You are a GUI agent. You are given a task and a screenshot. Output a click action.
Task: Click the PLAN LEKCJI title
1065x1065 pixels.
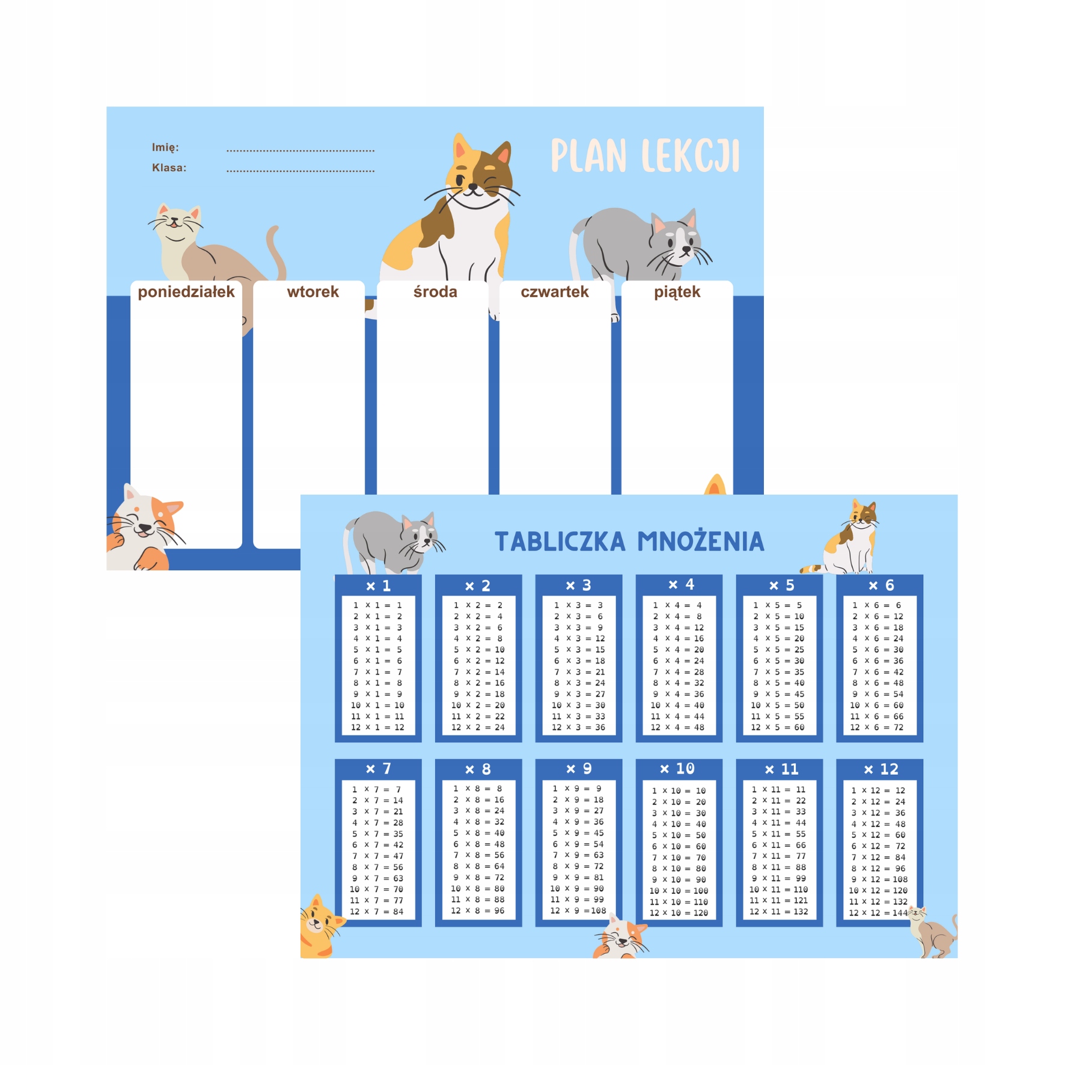click(x=644, y=156)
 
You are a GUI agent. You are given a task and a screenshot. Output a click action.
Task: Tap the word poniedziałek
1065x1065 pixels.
click(x=186, y=292)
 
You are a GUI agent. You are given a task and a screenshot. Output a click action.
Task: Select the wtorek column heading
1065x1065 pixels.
click(x=313, y=292)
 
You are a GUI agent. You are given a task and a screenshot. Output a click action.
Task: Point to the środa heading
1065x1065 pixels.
click(x=435, y=292)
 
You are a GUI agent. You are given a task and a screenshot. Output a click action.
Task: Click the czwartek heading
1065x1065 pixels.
click(x=554, y=292)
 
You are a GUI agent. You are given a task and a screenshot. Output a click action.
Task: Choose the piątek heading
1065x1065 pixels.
click(x=677, y=292)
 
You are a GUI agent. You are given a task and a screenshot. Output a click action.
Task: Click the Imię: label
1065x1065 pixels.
click(x=165, y=147)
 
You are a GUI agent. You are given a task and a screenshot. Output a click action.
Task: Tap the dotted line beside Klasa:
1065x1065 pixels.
click(x=301, y=171)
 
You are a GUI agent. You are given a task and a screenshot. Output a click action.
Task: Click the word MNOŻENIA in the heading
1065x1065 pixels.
click(x=701, y=542)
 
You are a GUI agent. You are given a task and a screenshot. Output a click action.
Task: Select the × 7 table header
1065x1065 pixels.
click(x=378, y=769)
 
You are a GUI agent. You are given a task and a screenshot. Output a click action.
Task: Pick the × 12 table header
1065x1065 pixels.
click(x=880, y=769)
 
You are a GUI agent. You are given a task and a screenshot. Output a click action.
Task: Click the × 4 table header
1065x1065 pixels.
click(x=680, y=585)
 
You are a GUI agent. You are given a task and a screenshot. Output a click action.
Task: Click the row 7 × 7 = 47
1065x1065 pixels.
click(x=377, y=856)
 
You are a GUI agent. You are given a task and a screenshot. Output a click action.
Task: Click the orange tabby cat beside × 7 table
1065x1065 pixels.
click(x=319, y=926)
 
